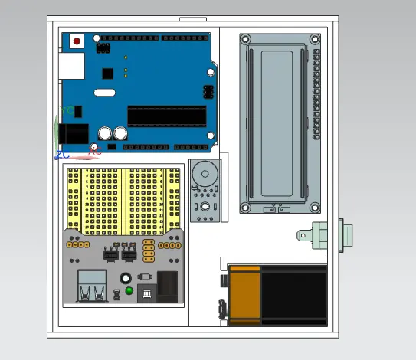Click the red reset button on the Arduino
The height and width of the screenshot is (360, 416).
(x=76, y=41)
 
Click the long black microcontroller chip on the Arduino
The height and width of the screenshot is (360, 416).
(x=166, y=116)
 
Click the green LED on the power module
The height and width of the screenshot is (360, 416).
(x=129, y=291)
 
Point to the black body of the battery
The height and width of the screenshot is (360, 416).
(x=294, y=294)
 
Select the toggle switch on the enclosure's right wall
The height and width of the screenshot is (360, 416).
(x=323, y=235)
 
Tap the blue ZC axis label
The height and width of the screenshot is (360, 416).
(x=61, y=155)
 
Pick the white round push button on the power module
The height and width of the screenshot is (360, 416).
(x=125, y=279)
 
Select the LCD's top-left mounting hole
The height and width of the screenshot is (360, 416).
(x=246, y=39)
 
